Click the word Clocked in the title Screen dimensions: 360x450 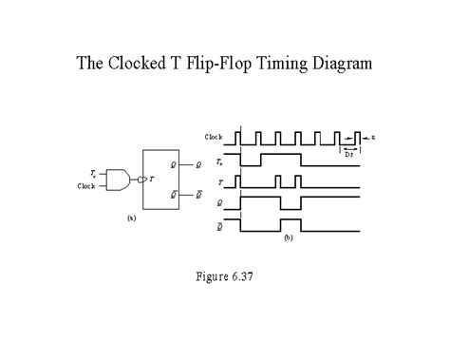click(140, 65)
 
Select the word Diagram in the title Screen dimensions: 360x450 click(341, 65)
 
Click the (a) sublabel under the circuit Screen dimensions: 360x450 click(131, 218)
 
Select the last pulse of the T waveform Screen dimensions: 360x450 click(298, 180)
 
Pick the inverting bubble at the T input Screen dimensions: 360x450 click(141, 179)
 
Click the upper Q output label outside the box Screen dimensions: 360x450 click(197, 165)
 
